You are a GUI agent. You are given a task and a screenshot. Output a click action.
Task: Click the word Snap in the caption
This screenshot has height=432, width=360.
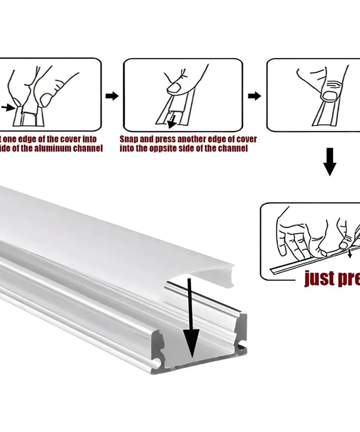129,139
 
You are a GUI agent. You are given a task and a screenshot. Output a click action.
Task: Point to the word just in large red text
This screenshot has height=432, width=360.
318,278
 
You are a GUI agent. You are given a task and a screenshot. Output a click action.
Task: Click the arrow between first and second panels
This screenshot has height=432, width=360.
112,96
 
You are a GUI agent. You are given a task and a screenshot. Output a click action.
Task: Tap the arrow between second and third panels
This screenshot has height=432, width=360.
255,96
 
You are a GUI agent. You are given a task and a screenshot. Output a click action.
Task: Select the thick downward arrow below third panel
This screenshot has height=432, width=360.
330,162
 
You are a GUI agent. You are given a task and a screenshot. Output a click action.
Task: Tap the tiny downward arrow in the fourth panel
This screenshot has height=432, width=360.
350,254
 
